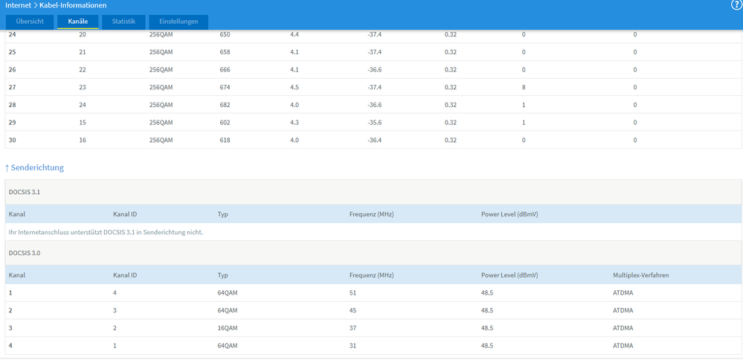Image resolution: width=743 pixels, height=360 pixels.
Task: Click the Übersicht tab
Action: (30, 22)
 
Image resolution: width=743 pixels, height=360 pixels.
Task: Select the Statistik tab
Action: (123, 22)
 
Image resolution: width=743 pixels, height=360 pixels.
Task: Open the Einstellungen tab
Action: (178, 22)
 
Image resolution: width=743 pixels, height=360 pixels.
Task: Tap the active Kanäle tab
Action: (77, 22)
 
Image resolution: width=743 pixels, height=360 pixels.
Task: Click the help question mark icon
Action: (736, 5)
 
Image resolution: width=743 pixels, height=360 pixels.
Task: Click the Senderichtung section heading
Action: (34, 167)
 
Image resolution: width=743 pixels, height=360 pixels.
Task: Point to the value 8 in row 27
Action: (524, 87)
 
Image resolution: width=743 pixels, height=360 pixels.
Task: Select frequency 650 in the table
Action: (225, 34)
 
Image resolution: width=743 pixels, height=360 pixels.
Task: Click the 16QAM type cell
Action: (228, 328)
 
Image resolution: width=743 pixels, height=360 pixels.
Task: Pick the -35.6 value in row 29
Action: (374, 123)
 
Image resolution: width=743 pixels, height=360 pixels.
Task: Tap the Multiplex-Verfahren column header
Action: (640, 275)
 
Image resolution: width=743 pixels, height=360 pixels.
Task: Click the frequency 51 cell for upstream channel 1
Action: (353, 293)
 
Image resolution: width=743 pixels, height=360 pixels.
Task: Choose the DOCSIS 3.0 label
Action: (25, 253)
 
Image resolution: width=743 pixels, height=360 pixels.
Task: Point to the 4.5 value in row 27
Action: (295, 87)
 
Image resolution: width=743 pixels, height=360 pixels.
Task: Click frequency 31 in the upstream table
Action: (353, 346)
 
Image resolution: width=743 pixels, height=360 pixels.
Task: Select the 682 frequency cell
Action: (225, 105)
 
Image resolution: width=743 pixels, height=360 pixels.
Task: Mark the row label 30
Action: (13, 141)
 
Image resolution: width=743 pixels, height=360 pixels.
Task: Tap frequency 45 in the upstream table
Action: (353, 310)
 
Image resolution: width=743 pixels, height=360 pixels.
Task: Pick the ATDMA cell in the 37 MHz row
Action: (623, 328)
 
